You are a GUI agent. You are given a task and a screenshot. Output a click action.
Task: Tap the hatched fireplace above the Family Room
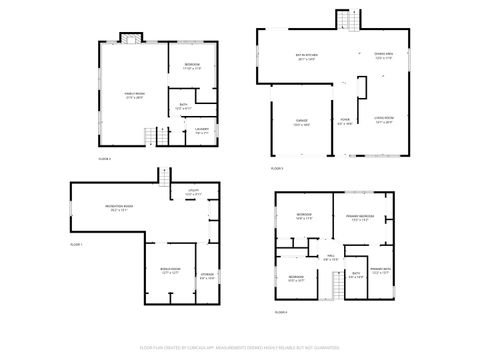(128, 39)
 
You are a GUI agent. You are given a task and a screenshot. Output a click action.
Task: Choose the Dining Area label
(383, 55)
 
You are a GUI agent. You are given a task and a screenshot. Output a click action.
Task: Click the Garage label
(301, 123)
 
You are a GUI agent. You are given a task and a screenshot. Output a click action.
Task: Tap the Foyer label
(344, 123)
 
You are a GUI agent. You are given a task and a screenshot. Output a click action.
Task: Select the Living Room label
(383, 120)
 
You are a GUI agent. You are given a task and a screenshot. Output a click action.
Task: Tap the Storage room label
(206, 277)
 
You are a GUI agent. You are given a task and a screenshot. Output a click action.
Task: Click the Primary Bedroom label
(360, 219)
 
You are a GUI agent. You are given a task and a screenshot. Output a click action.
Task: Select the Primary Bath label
(381, 270)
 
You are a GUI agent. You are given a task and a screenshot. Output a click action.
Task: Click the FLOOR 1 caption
(76, 245)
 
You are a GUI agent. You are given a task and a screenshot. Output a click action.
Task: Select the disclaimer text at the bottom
(240, 349)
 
